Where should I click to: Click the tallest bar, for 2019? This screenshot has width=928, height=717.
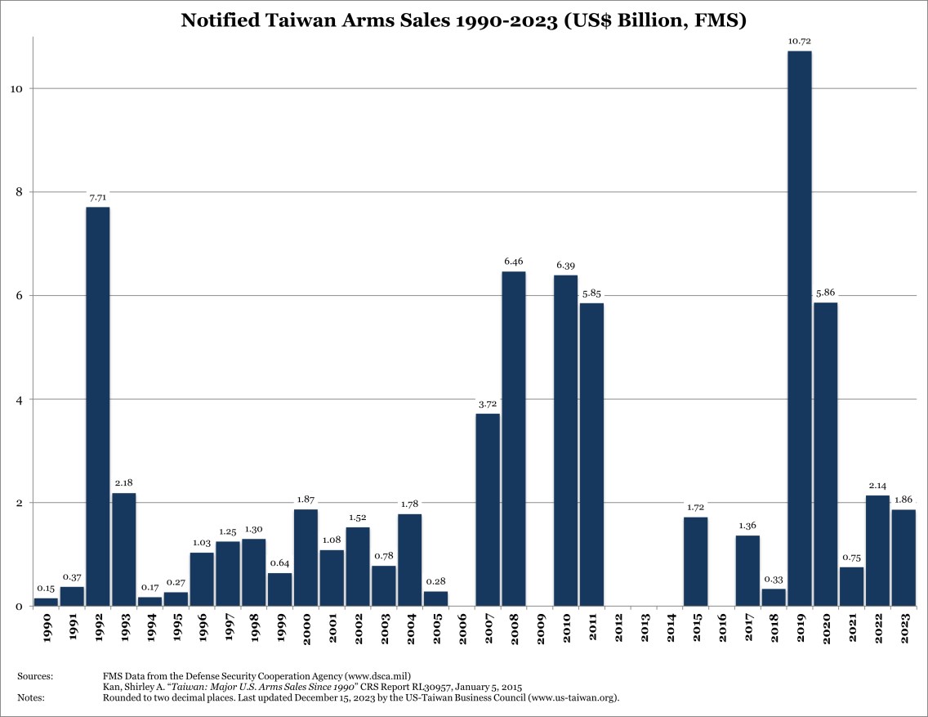point(799,327)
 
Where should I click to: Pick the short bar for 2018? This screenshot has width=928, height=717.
point(773,598)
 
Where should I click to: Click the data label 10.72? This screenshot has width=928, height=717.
point(799,40)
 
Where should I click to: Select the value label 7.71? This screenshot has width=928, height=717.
point(98,196)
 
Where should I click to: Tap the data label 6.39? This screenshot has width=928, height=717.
point(565,265)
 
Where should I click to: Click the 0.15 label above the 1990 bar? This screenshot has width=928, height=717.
point(46,588)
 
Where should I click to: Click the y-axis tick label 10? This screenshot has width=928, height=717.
point(14,88)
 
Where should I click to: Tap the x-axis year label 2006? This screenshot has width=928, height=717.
point(462,628)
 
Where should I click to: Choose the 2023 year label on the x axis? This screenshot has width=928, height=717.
point(903,628)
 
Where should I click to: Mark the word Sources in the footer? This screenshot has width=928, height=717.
point(34,676)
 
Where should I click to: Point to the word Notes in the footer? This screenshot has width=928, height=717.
point(31,697)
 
